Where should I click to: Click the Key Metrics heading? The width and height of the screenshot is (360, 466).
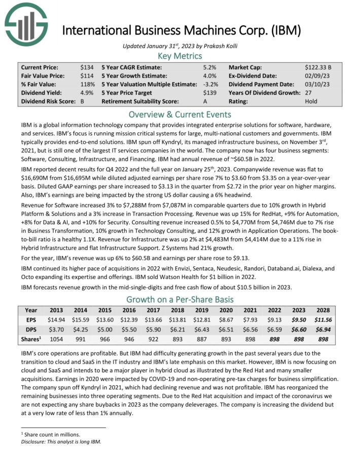(179, 56)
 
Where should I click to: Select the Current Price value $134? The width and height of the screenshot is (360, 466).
(87, 67)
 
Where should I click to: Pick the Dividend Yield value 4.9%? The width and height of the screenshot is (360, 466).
(87, 93)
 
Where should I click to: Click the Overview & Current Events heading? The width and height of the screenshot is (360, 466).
(179, 114)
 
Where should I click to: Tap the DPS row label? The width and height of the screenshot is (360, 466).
(31, 330)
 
